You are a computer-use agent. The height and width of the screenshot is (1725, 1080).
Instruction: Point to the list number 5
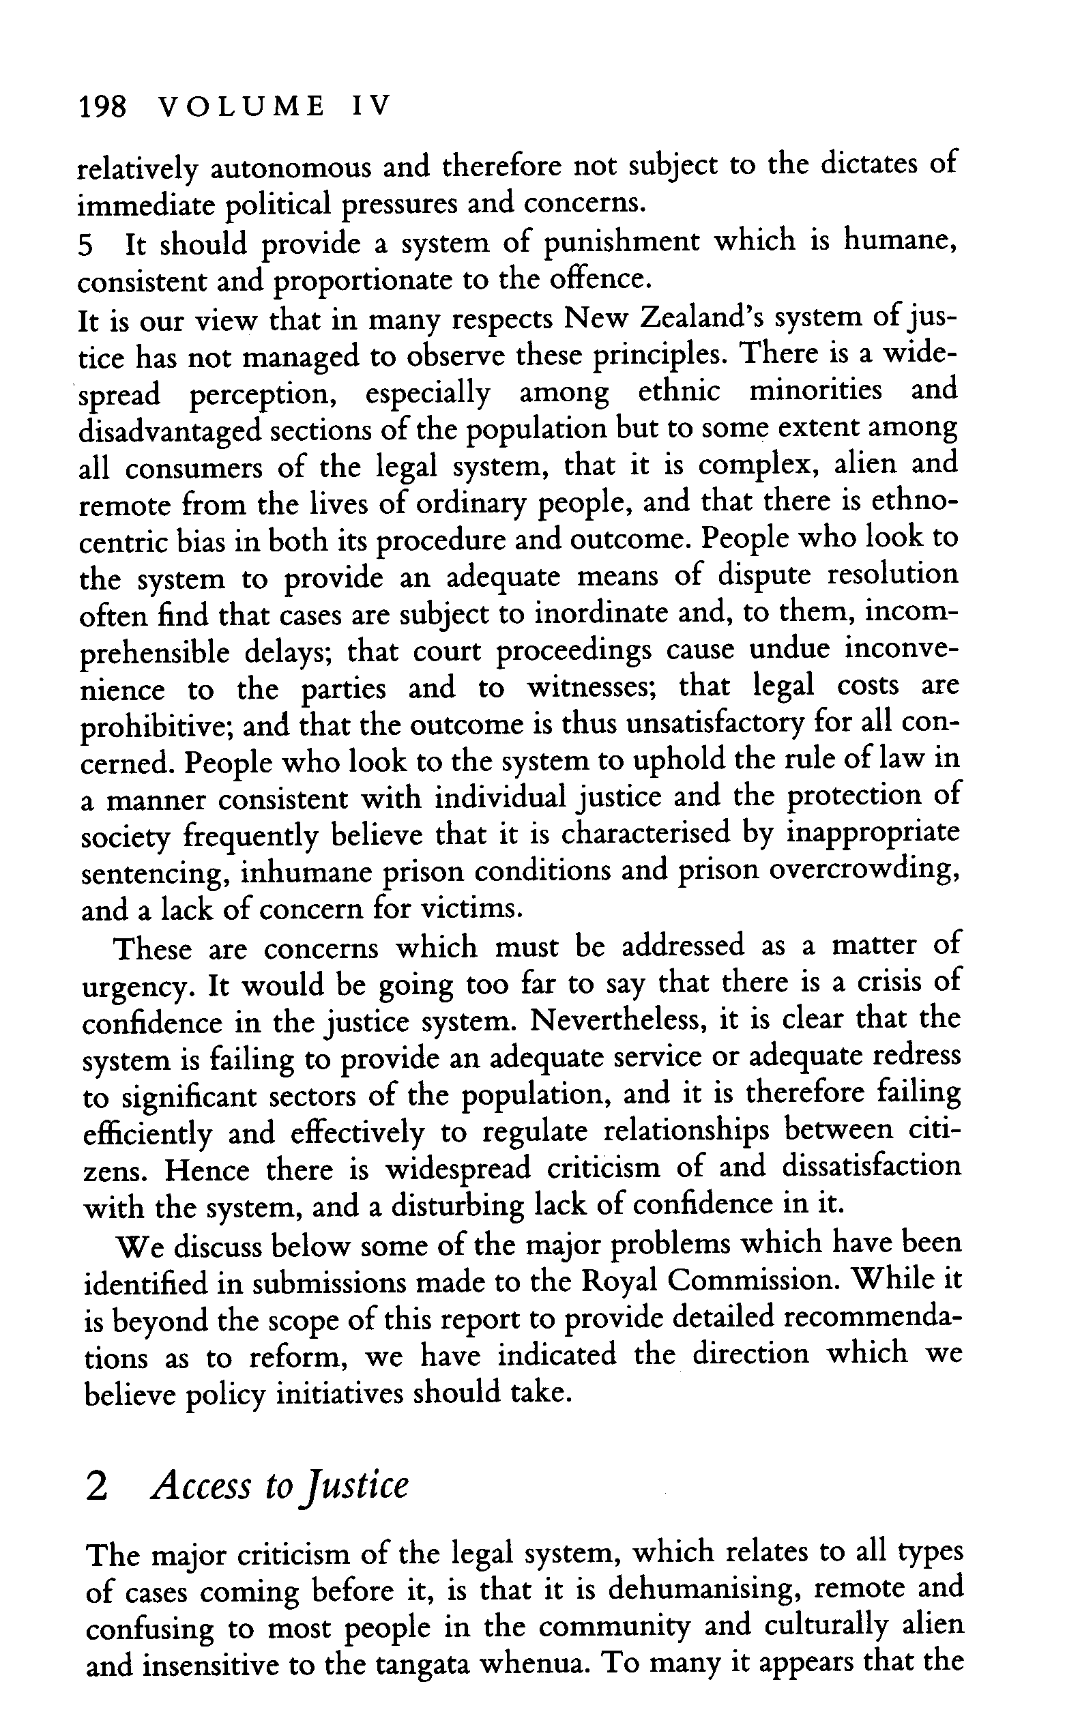(x=85, y=246)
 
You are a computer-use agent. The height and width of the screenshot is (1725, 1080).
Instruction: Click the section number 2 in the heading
(x=96, y=1486)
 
